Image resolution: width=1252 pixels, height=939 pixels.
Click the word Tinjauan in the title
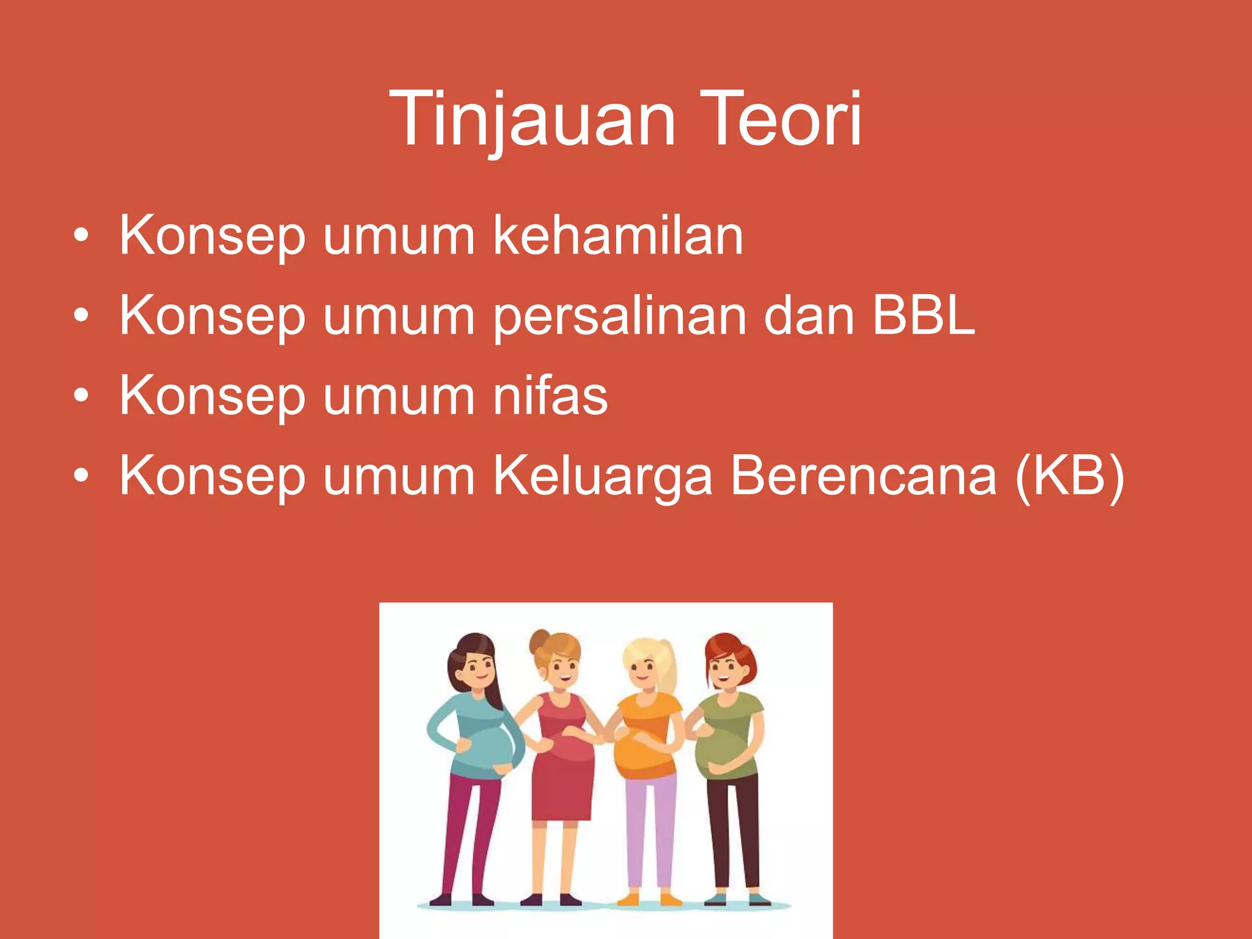(532, 119)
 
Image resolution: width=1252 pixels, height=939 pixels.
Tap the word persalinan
(619, 317)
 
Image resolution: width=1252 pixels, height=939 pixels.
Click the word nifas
(550, 396)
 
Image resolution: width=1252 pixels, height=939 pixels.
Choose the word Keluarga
(602, 477)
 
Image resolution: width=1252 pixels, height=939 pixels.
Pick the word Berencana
(863, 476)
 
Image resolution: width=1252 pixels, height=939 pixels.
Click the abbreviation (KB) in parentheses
(1069, 477)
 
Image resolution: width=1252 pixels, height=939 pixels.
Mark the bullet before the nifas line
(81, 396)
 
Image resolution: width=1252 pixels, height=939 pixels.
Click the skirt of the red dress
(562, 789)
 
